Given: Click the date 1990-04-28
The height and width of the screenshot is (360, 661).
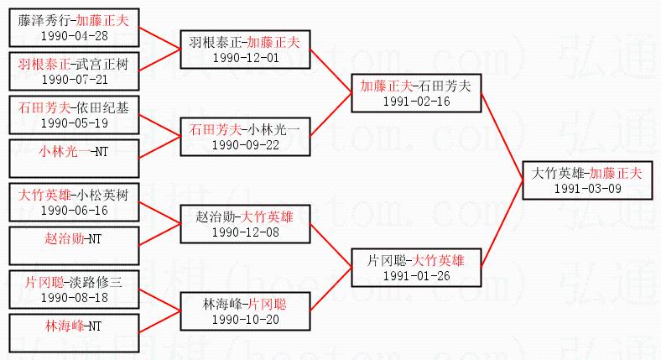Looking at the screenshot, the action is click(75, 36).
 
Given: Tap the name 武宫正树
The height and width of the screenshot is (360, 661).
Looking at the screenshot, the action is click(101, 64).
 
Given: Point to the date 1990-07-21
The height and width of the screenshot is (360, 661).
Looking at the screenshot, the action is click(75, 79).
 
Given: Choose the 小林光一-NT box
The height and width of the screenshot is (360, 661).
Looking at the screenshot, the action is click(75, 151).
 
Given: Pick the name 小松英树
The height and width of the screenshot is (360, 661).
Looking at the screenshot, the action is click(102, 194).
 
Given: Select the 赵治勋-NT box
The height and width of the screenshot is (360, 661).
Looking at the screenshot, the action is click(75, 237).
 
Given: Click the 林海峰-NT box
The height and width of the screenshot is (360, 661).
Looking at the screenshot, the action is click(75, 325).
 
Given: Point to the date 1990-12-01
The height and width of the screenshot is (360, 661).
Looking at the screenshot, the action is click(245, 58).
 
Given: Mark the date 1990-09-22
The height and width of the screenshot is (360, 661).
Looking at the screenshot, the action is click(245, 144).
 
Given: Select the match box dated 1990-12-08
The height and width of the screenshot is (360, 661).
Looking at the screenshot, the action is click(245, 224).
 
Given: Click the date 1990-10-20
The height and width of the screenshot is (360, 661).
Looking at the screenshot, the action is click(245, 319).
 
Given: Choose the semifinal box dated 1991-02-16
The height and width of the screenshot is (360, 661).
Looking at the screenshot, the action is click(416, 93).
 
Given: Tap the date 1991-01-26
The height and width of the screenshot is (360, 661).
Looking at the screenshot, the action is click(416, 275).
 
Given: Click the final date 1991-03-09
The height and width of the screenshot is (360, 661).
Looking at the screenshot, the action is click(587, 188).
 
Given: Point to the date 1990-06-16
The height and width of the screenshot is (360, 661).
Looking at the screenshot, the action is click(75, 210).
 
